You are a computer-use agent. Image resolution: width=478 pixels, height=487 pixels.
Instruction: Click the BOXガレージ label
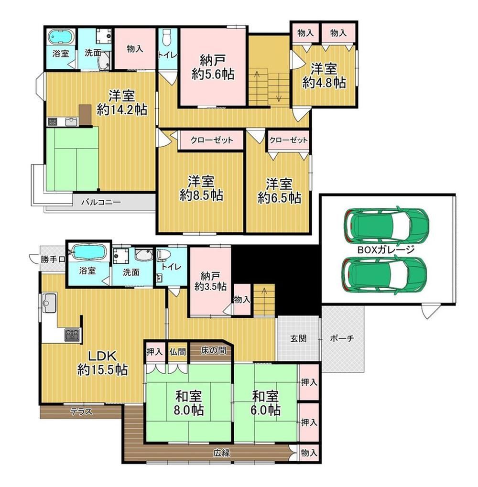click(386, 249)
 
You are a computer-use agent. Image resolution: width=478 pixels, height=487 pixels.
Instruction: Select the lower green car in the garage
click(384, 274)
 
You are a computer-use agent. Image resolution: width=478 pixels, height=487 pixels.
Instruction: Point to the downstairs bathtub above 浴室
click(88, 252)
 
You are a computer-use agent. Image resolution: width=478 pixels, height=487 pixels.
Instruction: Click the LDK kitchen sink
click(49, 302)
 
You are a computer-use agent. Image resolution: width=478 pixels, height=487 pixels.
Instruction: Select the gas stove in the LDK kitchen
click(72, 335)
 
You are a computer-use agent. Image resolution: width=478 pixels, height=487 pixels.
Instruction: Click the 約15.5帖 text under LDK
click(102, 370)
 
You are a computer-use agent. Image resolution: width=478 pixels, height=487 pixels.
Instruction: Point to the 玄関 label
click(298, 338)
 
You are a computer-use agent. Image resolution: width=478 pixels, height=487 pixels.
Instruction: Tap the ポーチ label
click(342, 338)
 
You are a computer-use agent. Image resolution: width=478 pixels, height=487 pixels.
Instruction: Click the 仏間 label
click(178, 352)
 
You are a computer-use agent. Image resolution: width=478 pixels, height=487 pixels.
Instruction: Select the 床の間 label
click(213, 350)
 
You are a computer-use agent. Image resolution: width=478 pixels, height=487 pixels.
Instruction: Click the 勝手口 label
click(53, 259)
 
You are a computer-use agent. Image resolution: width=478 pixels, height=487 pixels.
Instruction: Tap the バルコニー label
click(101, 203)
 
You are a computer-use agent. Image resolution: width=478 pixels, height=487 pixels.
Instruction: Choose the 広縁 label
click(221, 453)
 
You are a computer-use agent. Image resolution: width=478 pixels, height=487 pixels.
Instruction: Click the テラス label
click(81, 412)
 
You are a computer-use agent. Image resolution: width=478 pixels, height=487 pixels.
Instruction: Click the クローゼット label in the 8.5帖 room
click(211, 140)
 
